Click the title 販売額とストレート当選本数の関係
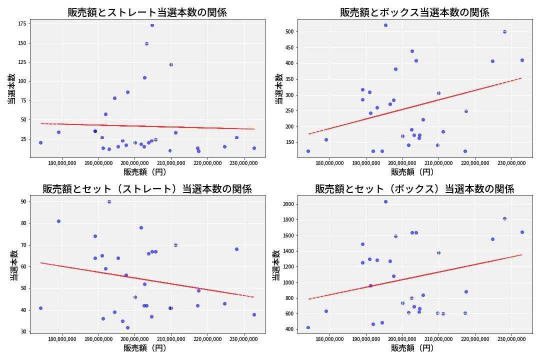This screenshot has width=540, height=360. [x=147, y=12]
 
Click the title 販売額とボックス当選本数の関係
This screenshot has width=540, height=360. [x=414, y=12]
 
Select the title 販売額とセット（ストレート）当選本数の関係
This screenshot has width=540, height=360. [x=147, y=189]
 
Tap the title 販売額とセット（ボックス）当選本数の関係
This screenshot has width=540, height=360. [x=414, y=189]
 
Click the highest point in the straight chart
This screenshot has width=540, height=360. [x=152, y=25]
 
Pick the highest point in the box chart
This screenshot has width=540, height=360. [x=385, y=25]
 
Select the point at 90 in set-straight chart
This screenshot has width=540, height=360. [x=109, y=201]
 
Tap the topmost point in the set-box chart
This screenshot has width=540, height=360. [x=385, y=201]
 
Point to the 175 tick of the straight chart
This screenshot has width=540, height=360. [x=21, y=23]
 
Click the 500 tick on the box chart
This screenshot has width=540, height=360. [x=289, y=31]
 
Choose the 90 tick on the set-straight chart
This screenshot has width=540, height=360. [x=23, y=201]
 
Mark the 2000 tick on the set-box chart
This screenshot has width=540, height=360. [x=287, y=204]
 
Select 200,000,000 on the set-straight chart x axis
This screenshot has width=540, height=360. [x=135, y=339]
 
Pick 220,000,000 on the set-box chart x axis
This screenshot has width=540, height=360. [x=475, y=339]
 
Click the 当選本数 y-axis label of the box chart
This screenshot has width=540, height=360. [x=279, y=88]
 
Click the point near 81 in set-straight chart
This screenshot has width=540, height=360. [x=58, y=221]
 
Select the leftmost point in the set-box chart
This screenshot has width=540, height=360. [x=308, y=327]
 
